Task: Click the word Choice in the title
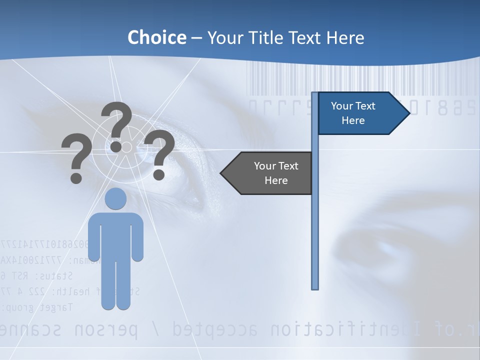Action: (x=156, y=37)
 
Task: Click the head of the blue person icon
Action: (x=115, y=198)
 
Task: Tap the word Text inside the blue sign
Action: (x=365, y=106)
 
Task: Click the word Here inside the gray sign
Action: (x=276, y=180)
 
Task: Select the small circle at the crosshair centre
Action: (x=126, y=146)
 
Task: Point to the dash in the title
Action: (x=196, y=38)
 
